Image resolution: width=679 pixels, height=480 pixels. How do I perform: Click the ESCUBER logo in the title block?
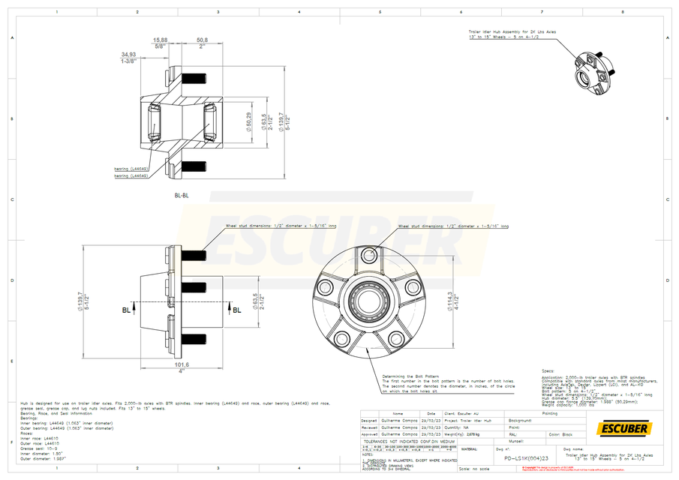[x=623, y=428]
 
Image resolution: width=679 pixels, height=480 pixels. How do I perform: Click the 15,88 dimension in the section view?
[x=160, y=40]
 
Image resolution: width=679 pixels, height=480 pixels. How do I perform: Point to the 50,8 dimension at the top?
[x=202, y=40]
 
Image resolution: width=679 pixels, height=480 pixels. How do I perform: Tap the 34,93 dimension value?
[x=128, y=55]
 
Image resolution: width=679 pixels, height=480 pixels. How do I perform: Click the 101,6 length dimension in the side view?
[x=181, y=364]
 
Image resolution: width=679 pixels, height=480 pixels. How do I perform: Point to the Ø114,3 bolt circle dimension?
[x=449, y=301]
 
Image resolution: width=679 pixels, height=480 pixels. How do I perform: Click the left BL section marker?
[x=125, y=309]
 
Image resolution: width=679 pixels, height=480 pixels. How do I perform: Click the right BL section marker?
[x=236, y=309]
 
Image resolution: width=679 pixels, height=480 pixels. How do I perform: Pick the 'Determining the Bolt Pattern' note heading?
[x=410, y=376]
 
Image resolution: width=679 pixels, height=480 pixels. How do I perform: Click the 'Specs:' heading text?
[x=548, y=370]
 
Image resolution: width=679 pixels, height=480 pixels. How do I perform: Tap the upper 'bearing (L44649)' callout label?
[x=131, y=169]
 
